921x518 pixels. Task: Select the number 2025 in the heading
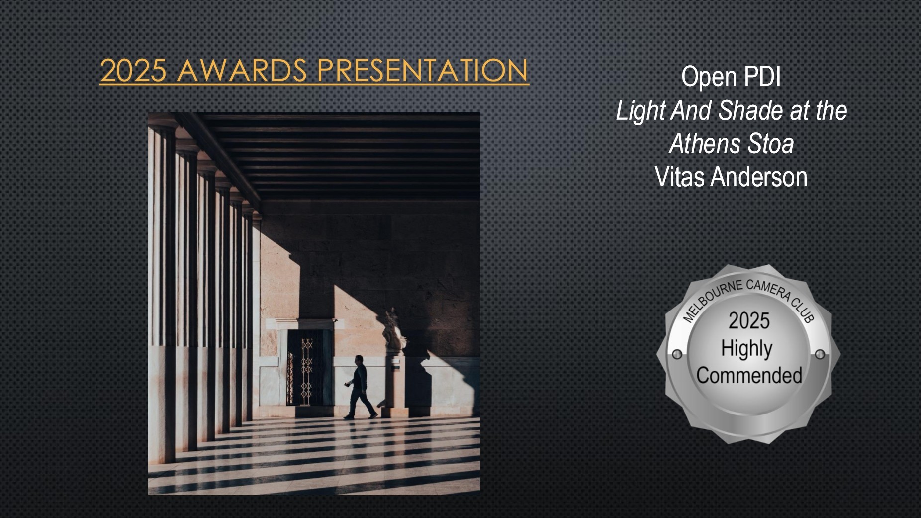[x=133, y=70]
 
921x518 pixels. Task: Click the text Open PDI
[x=731, y=77]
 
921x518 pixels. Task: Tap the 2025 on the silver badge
[x=749, y=321]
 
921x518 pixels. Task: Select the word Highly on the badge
[x=746, y=349]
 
